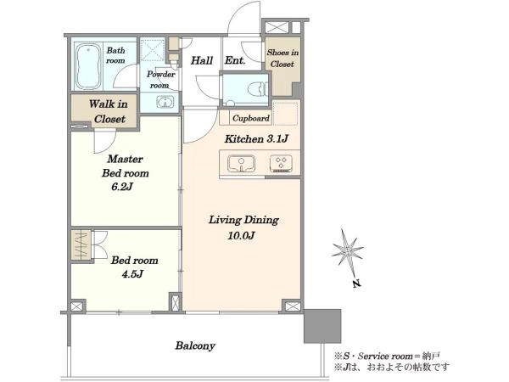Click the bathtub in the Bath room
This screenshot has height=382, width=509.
tap(88, 66)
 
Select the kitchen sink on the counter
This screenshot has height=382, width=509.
tap(241, 163)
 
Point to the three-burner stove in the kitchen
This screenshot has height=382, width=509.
tap(281, 163)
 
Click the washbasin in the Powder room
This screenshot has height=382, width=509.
tap(165, 103)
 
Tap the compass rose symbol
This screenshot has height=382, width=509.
tap(347, 250)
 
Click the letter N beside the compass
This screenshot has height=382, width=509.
tap(357, 284)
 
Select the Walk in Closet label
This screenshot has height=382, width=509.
tap(109, 111)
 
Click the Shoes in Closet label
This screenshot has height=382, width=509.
tap(282, 58)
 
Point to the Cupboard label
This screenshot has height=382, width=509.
tap(251, 118)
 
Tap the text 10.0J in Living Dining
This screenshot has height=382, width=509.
tap(241, 235)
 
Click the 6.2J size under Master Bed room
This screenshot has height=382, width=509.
tap(122, 187)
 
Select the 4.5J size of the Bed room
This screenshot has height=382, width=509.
tap(132, 274)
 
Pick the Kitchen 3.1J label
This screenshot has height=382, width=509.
tap(256, 139)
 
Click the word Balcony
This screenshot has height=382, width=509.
tap(195, 345)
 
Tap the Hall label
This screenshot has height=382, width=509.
tap(202, 60)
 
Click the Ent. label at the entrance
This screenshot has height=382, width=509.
tap(235, 60)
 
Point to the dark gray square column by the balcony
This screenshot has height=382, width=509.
tap(322, 326)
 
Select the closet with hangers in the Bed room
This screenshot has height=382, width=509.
tap(81, 245)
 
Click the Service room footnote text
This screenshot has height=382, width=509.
tap(387, 357)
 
